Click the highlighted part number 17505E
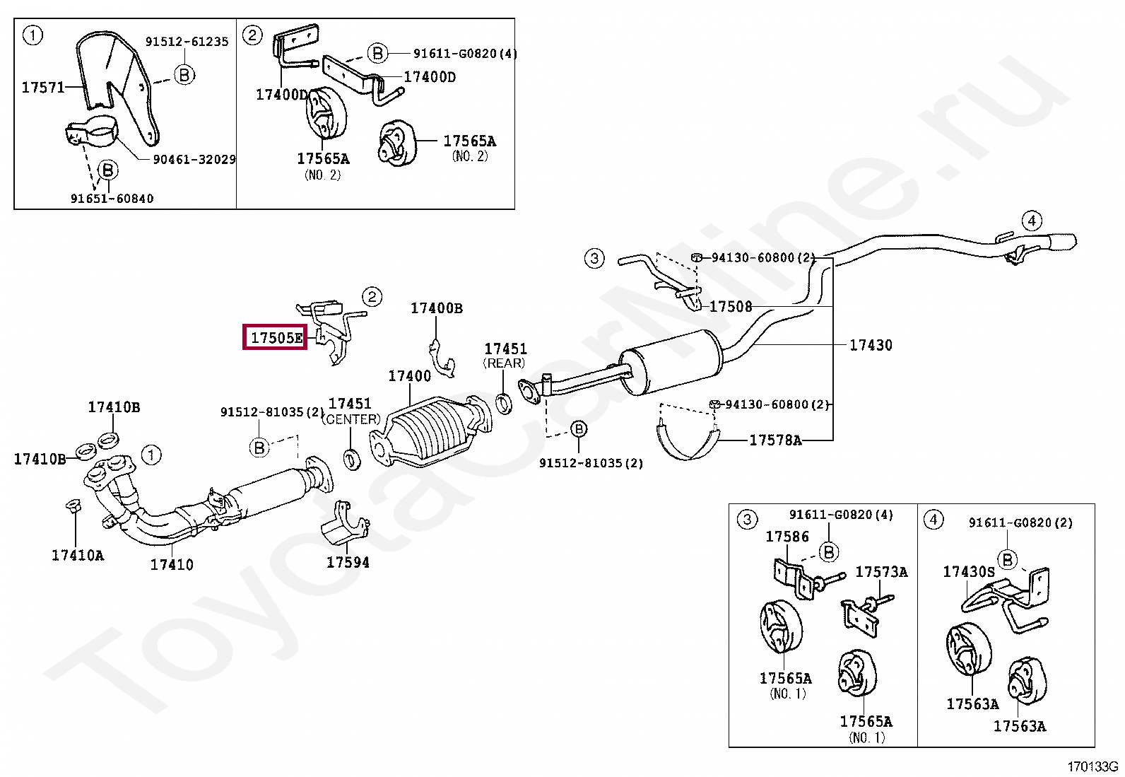[275, 337]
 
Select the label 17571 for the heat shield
[43, 87]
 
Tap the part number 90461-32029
[194, 159]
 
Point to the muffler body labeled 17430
[671, 362]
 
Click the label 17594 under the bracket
[348, 562]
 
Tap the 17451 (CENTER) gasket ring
[351, 459]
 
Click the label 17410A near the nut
[78, 555]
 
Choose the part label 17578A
[775, 440]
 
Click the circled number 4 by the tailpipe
[1032, 221]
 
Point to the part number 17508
[731, 306]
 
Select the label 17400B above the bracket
[437, 308]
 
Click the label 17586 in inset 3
[787, 537]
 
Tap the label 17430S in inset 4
[968, 571]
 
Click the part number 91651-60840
[112, 199]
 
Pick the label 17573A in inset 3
[881, 571]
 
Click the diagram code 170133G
[1092, 766]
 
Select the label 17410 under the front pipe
[172, 564]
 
